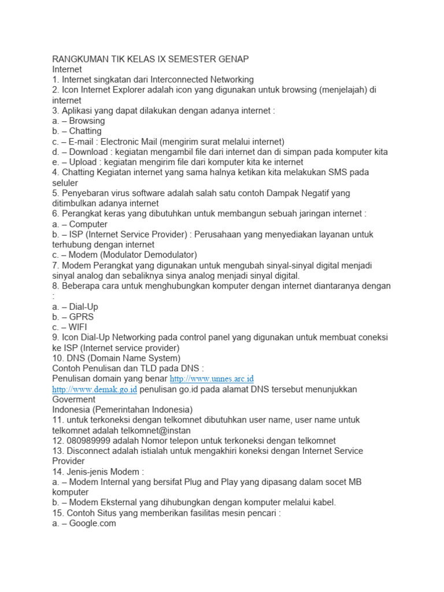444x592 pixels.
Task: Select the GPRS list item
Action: [x=81, y=317]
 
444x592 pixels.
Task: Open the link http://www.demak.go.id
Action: [x=94, y=390]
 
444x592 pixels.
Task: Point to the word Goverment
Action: [x=74, y=399]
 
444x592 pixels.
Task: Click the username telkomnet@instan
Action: [x=156, y=431]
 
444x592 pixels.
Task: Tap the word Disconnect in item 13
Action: [x=89, y=451]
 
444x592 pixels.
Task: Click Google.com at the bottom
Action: [x=92, y=523]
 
